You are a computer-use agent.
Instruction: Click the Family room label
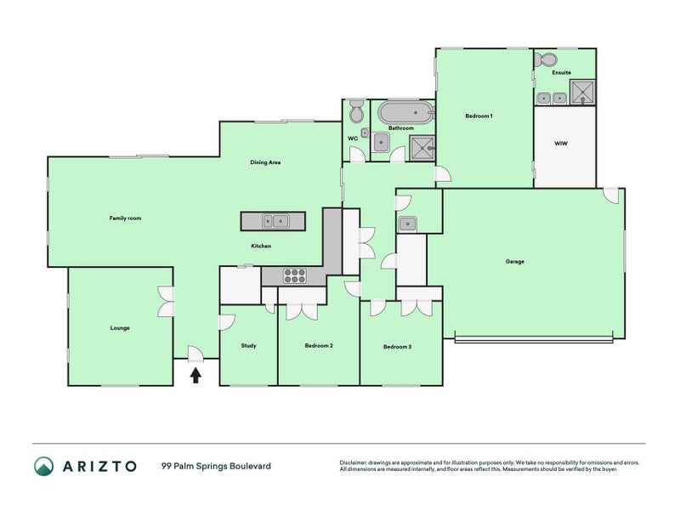tap(125, 218)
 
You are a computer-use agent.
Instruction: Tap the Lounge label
tap(120, 327)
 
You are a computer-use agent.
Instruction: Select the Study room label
tap(248, 346)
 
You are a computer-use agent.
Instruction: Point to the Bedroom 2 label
tap(318, 346)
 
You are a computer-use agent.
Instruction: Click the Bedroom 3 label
tap(397, 347)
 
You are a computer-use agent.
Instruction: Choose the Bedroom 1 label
tap(479, 115)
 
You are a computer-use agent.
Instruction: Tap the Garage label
tap(514, 261)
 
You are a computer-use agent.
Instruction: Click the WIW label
tap(561, 144)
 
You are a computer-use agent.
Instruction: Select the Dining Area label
tap(265, 162)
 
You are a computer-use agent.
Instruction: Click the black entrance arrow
tap(195, 375)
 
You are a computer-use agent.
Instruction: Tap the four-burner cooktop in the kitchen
tap(294, 275)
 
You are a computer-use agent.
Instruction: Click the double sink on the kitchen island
tap(275, 221)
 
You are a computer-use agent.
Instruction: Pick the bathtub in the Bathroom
tap(405, 112)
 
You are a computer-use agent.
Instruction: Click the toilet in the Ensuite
tap(545, 60)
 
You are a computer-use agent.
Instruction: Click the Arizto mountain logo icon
tap(43, 465)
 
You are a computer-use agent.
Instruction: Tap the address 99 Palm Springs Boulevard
tap(216, 466)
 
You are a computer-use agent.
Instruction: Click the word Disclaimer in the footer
tap(357, 462)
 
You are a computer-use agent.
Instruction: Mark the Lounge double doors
tap(166, 303)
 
